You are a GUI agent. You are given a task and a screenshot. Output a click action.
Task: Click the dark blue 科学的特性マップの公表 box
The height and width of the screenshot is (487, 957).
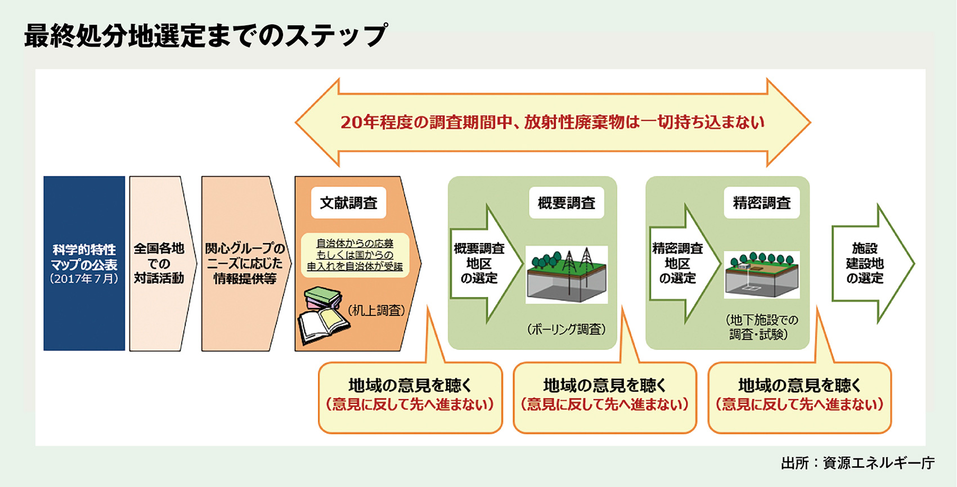coord(84,264)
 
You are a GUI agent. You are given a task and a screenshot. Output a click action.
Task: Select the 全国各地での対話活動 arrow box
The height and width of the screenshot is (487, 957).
coord(159,264)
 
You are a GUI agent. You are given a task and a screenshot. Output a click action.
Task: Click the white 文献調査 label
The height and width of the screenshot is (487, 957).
coord(349,203)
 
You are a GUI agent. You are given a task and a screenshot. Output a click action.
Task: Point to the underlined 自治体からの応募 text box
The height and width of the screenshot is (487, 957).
coord(355,255)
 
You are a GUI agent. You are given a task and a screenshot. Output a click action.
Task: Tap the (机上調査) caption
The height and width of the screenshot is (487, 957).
coord(376,310)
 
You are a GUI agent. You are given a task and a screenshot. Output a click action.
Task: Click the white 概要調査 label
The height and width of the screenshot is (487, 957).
coord(567,203)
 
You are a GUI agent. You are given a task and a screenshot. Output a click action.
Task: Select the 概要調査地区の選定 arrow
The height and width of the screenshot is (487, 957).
coord(486,264)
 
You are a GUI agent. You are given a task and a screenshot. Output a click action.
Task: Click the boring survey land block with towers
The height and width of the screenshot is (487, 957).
coord(567,274)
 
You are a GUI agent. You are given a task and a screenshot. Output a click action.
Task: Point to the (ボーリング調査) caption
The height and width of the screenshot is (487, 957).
coord(567,330)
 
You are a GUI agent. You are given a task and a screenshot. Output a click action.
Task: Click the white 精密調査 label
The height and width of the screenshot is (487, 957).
coord(762,203)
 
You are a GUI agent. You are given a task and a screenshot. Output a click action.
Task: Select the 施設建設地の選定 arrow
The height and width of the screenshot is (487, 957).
coord(871,264)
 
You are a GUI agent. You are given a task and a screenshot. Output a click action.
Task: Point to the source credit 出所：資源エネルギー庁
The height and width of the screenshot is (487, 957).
coord(858,463)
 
